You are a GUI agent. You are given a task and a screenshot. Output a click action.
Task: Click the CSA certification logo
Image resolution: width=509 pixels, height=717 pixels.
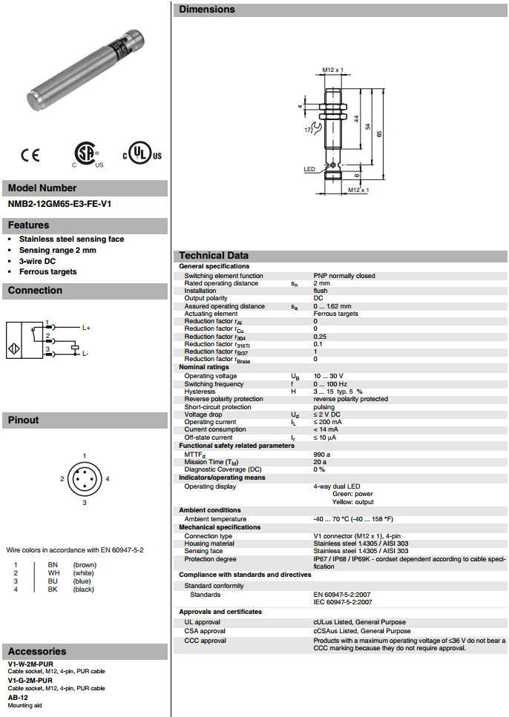[87, 154]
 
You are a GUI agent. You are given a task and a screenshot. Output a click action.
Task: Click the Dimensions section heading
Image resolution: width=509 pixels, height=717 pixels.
[207, 10]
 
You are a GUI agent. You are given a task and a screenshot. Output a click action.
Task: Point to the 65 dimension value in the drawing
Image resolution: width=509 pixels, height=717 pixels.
[380, 133]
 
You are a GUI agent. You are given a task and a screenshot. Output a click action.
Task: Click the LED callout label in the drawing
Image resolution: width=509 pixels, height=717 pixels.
[309, 170]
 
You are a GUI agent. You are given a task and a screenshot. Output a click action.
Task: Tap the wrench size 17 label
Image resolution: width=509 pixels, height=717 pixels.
[307, 130]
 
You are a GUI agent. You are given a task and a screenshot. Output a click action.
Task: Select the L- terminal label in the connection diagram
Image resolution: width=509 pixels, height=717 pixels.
[85, 354]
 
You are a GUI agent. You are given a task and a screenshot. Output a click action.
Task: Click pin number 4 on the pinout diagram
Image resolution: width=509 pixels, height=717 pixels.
[108, 479]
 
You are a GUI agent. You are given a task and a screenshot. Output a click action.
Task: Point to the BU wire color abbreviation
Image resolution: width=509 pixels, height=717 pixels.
[53, 581]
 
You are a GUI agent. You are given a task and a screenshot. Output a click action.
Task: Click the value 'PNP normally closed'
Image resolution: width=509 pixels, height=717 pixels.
[344, 276]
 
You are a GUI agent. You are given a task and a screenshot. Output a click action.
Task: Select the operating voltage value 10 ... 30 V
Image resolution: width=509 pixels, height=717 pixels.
[329, 376]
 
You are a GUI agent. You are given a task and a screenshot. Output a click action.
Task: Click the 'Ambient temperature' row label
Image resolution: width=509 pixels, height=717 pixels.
[215, 519]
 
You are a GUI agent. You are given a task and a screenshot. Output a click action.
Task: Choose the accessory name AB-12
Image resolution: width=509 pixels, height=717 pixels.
[19, 697]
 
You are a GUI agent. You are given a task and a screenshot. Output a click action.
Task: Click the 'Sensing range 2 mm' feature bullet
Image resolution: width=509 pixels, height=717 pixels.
[58, 250]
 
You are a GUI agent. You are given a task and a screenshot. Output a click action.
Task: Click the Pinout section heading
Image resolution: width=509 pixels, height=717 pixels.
[23, 420]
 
